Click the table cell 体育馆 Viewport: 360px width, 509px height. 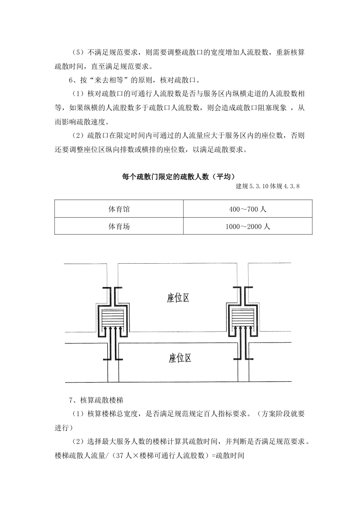point(119,209)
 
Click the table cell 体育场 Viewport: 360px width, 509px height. point(119,226)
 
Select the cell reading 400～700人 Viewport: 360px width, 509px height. point(248,209)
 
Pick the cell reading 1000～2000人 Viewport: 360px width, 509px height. point(248,226)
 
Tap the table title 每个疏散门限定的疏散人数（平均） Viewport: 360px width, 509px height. point(179,177)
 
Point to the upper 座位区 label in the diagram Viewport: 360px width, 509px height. point(178,298)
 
